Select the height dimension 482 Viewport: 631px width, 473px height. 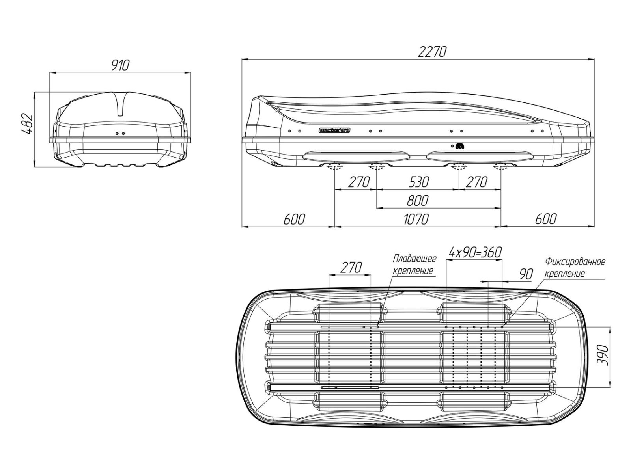click(28, 124)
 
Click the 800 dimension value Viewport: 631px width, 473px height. click(417, 201)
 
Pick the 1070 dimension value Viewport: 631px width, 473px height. click(416, 220)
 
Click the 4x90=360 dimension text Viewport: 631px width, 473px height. click(475, 252)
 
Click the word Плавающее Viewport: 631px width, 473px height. click(414, 259)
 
